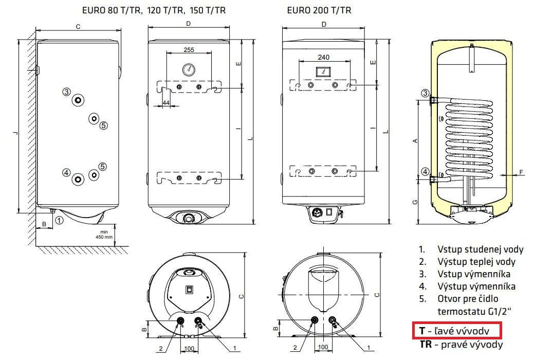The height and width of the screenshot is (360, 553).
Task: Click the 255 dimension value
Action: (x=189, y=50)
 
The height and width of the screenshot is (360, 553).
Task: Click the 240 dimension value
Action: (x=323, y=57)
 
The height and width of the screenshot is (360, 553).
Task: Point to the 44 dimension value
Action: (x=166, y=103)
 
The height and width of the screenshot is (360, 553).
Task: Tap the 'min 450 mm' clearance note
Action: (x=104, y=235)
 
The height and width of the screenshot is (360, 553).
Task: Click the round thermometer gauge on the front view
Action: (x=189, y=70)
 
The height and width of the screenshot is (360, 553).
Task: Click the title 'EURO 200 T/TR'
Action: (x=319, y=10)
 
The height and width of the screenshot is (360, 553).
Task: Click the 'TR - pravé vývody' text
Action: (x=461, y=344)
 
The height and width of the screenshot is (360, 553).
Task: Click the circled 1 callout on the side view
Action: (x=59, y=220)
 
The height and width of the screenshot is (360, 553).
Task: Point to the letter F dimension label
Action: (x=521, y=172)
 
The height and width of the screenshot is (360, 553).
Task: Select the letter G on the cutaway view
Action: (x=415, y=202)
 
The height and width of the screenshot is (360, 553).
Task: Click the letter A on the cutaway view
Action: (x=415, y=140)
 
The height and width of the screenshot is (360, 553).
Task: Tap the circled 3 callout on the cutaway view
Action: (x=426, y=93)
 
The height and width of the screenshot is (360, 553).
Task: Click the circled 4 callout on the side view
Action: (x=67, y=173)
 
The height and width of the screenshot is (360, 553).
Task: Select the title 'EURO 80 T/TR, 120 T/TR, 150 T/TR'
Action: (x=154, y=10)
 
